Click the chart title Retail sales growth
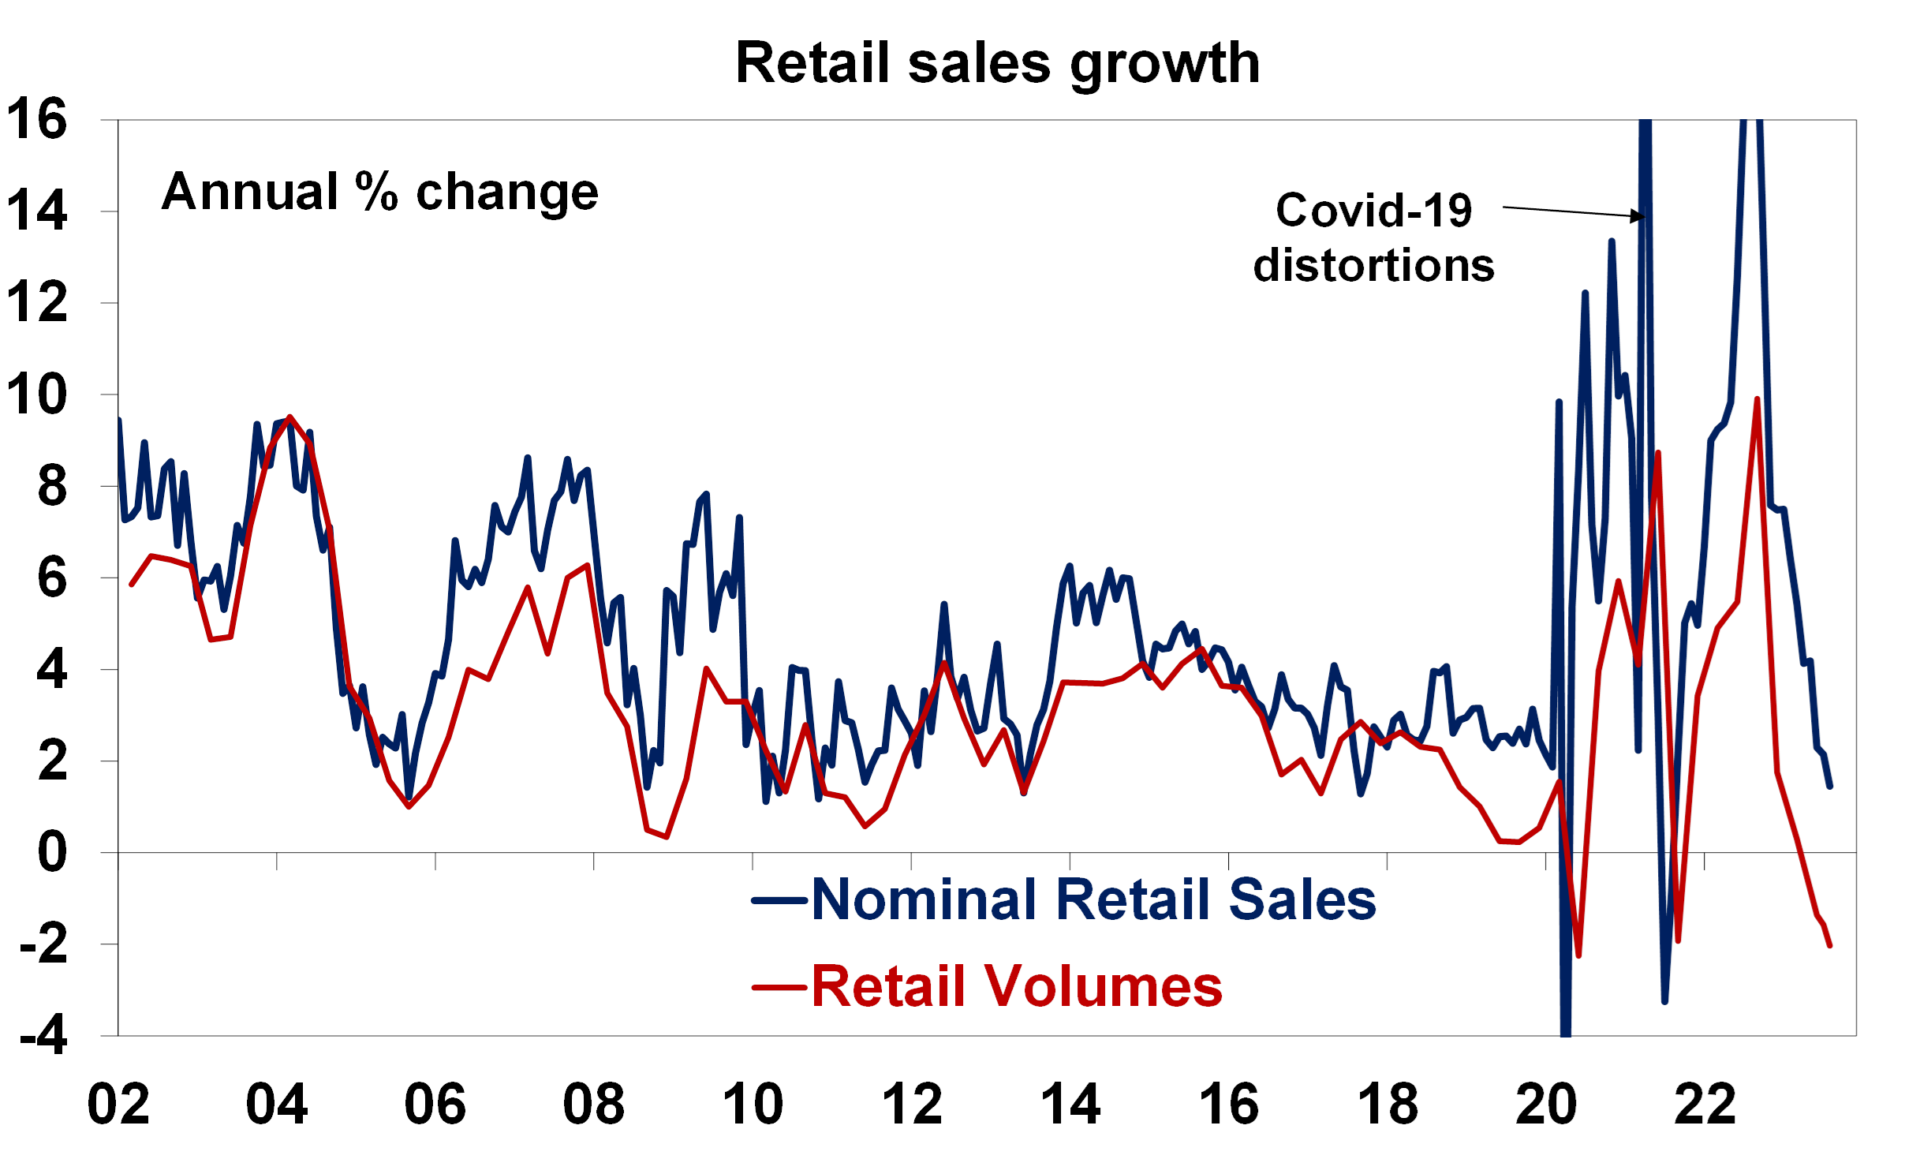click(x=998, y=63)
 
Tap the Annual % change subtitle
click(x=380, y=192)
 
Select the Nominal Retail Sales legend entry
click(x=1093, y=899)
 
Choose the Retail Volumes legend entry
click(x=1017, y=986)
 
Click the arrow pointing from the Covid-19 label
click(x=1574, y=211)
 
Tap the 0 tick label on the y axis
click(x=52, y=853)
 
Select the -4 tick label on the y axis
click(x=44, y=1036)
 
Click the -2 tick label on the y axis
click(x=44, y=944)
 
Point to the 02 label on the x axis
click(x=118, y=1105)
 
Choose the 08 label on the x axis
click(x=594, y=1105)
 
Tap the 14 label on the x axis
click(x=1070, y=1105)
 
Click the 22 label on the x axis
click(x=1705, y=1105)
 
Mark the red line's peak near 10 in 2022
click(x=1757, y=399)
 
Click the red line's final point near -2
click(x=1830, y=944)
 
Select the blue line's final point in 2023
click(x=1830, y=787)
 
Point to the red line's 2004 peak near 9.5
click(x=290, y=417)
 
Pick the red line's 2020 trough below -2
click(x=1579, y=955)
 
